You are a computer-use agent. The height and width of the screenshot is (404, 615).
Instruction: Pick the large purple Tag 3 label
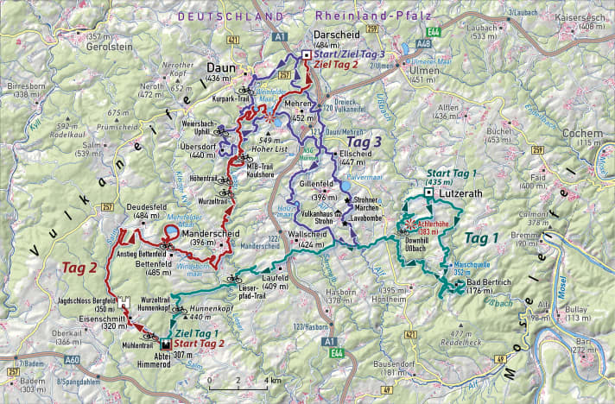coord(364,142)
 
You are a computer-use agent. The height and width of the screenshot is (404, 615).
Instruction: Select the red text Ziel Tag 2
coord(339,65)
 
